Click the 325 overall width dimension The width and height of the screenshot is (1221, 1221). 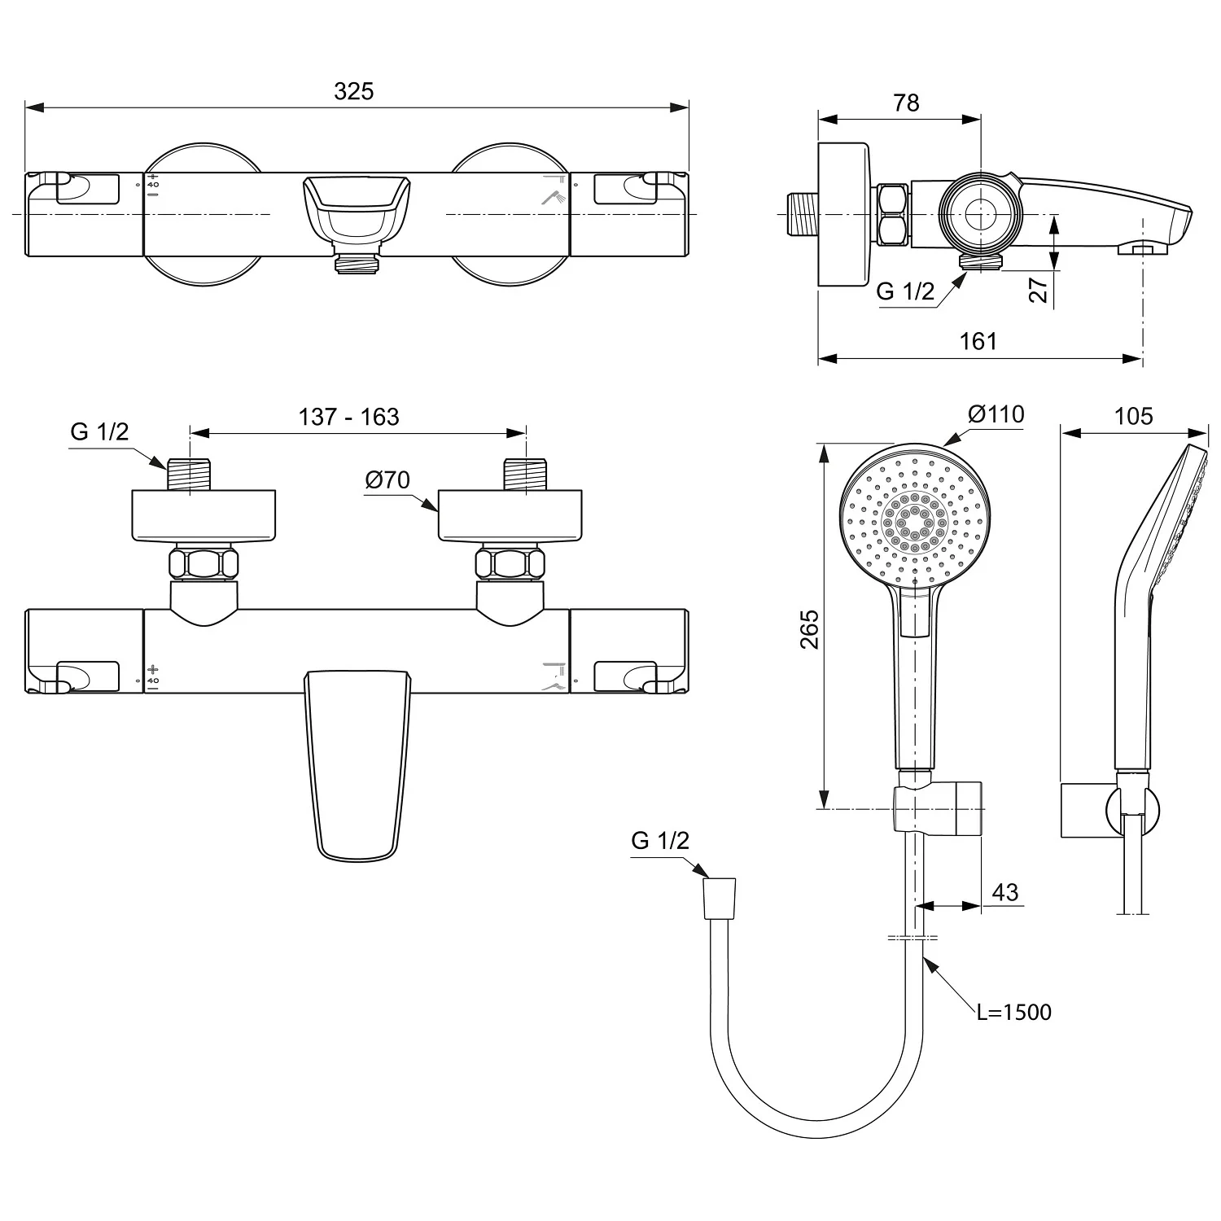[353, 91]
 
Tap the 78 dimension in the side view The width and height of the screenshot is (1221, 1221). [905, 103]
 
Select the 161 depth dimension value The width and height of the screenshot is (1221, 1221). [978, 340]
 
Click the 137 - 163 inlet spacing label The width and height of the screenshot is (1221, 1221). [348, 417]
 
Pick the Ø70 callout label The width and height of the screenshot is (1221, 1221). [387, 480]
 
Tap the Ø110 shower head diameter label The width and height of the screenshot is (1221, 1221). [996, 414]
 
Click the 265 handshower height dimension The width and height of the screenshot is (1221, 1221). [810, 628]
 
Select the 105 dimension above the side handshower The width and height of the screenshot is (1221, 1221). [1133, 417]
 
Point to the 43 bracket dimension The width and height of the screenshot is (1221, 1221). [1005, 892]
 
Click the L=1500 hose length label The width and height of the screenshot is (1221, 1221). [1014, 1012]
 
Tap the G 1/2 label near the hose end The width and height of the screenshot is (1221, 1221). [659, 841]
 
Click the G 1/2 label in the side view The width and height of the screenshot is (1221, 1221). [905, 291]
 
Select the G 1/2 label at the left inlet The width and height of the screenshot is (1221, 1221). [99, 431]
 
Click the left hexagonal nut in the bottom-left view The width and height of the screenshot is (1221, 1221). [203, 563]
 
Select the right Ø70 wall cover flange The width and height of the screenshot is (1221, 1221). [510, 514]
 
